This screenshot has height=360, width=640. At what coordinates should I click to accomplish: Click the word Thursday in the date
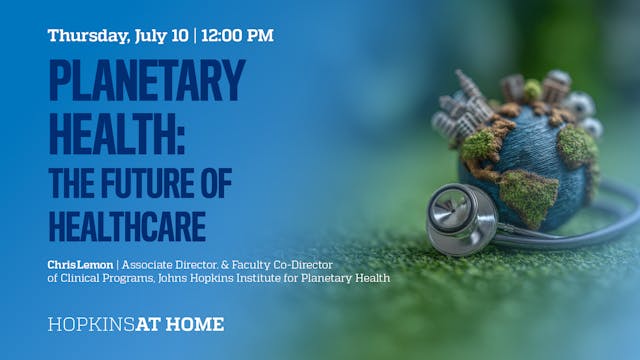click(86, 35)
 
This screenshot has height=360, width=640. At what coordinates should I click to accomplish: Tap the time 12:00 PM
click(237, 35)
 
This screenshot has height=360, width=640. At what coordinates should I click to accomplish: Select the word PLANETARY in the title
click(146, 81)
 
